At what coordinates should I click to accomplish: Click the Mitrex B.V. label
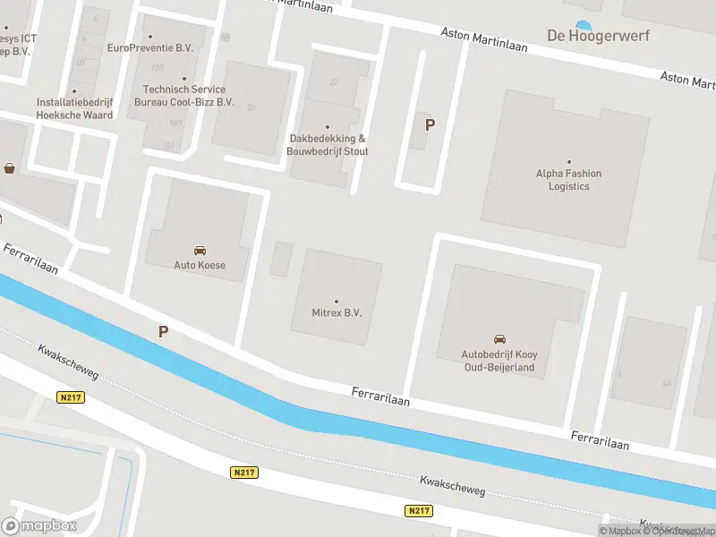(337, 313)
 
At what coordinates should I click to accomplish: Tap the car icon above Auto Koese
(199, 250)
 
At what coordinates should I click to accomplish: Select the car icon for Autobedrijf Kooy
(499, 338)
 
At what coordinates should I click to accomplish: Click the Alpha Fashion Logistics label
(568, 180)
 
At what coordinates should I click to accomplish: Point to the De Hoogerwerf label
(598, 36)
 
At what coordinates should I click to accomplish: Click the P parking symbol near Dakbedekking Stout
(430, 125)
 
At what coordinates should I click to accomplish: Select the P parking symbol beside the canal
(163, 331)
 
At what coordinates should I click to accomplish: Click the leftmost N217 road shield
(70, 396)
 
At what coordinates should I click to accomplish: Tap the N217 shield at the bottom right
(418, 510)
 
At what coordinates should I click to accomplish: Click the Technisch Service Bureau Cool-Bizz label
(183, 96)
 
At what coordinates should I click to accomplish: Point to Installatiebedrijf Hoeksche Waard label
(74, 108)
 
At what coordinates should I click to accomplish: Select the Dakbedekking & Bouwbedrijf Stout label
(328, 145)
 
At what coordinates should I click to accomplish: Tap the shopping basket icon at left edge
(9, 167)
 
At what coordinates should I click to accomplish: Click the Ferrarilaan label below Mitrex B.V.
(380, 396)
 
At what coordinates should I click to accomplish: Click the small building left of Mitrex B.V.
(281, 259)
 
